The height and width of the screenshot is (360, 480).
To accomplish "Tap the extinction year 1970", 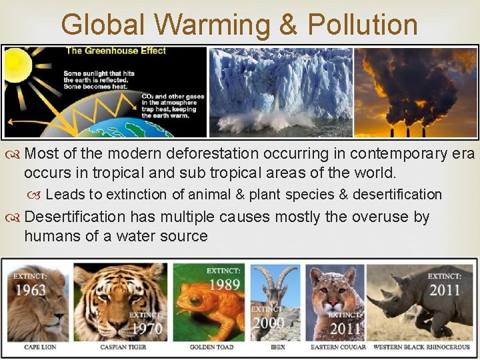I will pos(146,328).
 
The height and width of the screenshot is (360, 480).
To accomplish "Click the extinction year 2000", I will pos(269,323).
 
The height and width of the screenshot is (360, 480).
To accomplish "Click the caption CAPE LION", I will pos(39,347).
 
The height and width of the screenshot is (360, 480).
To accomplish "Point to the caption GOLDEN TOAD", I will pos(211,347).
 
